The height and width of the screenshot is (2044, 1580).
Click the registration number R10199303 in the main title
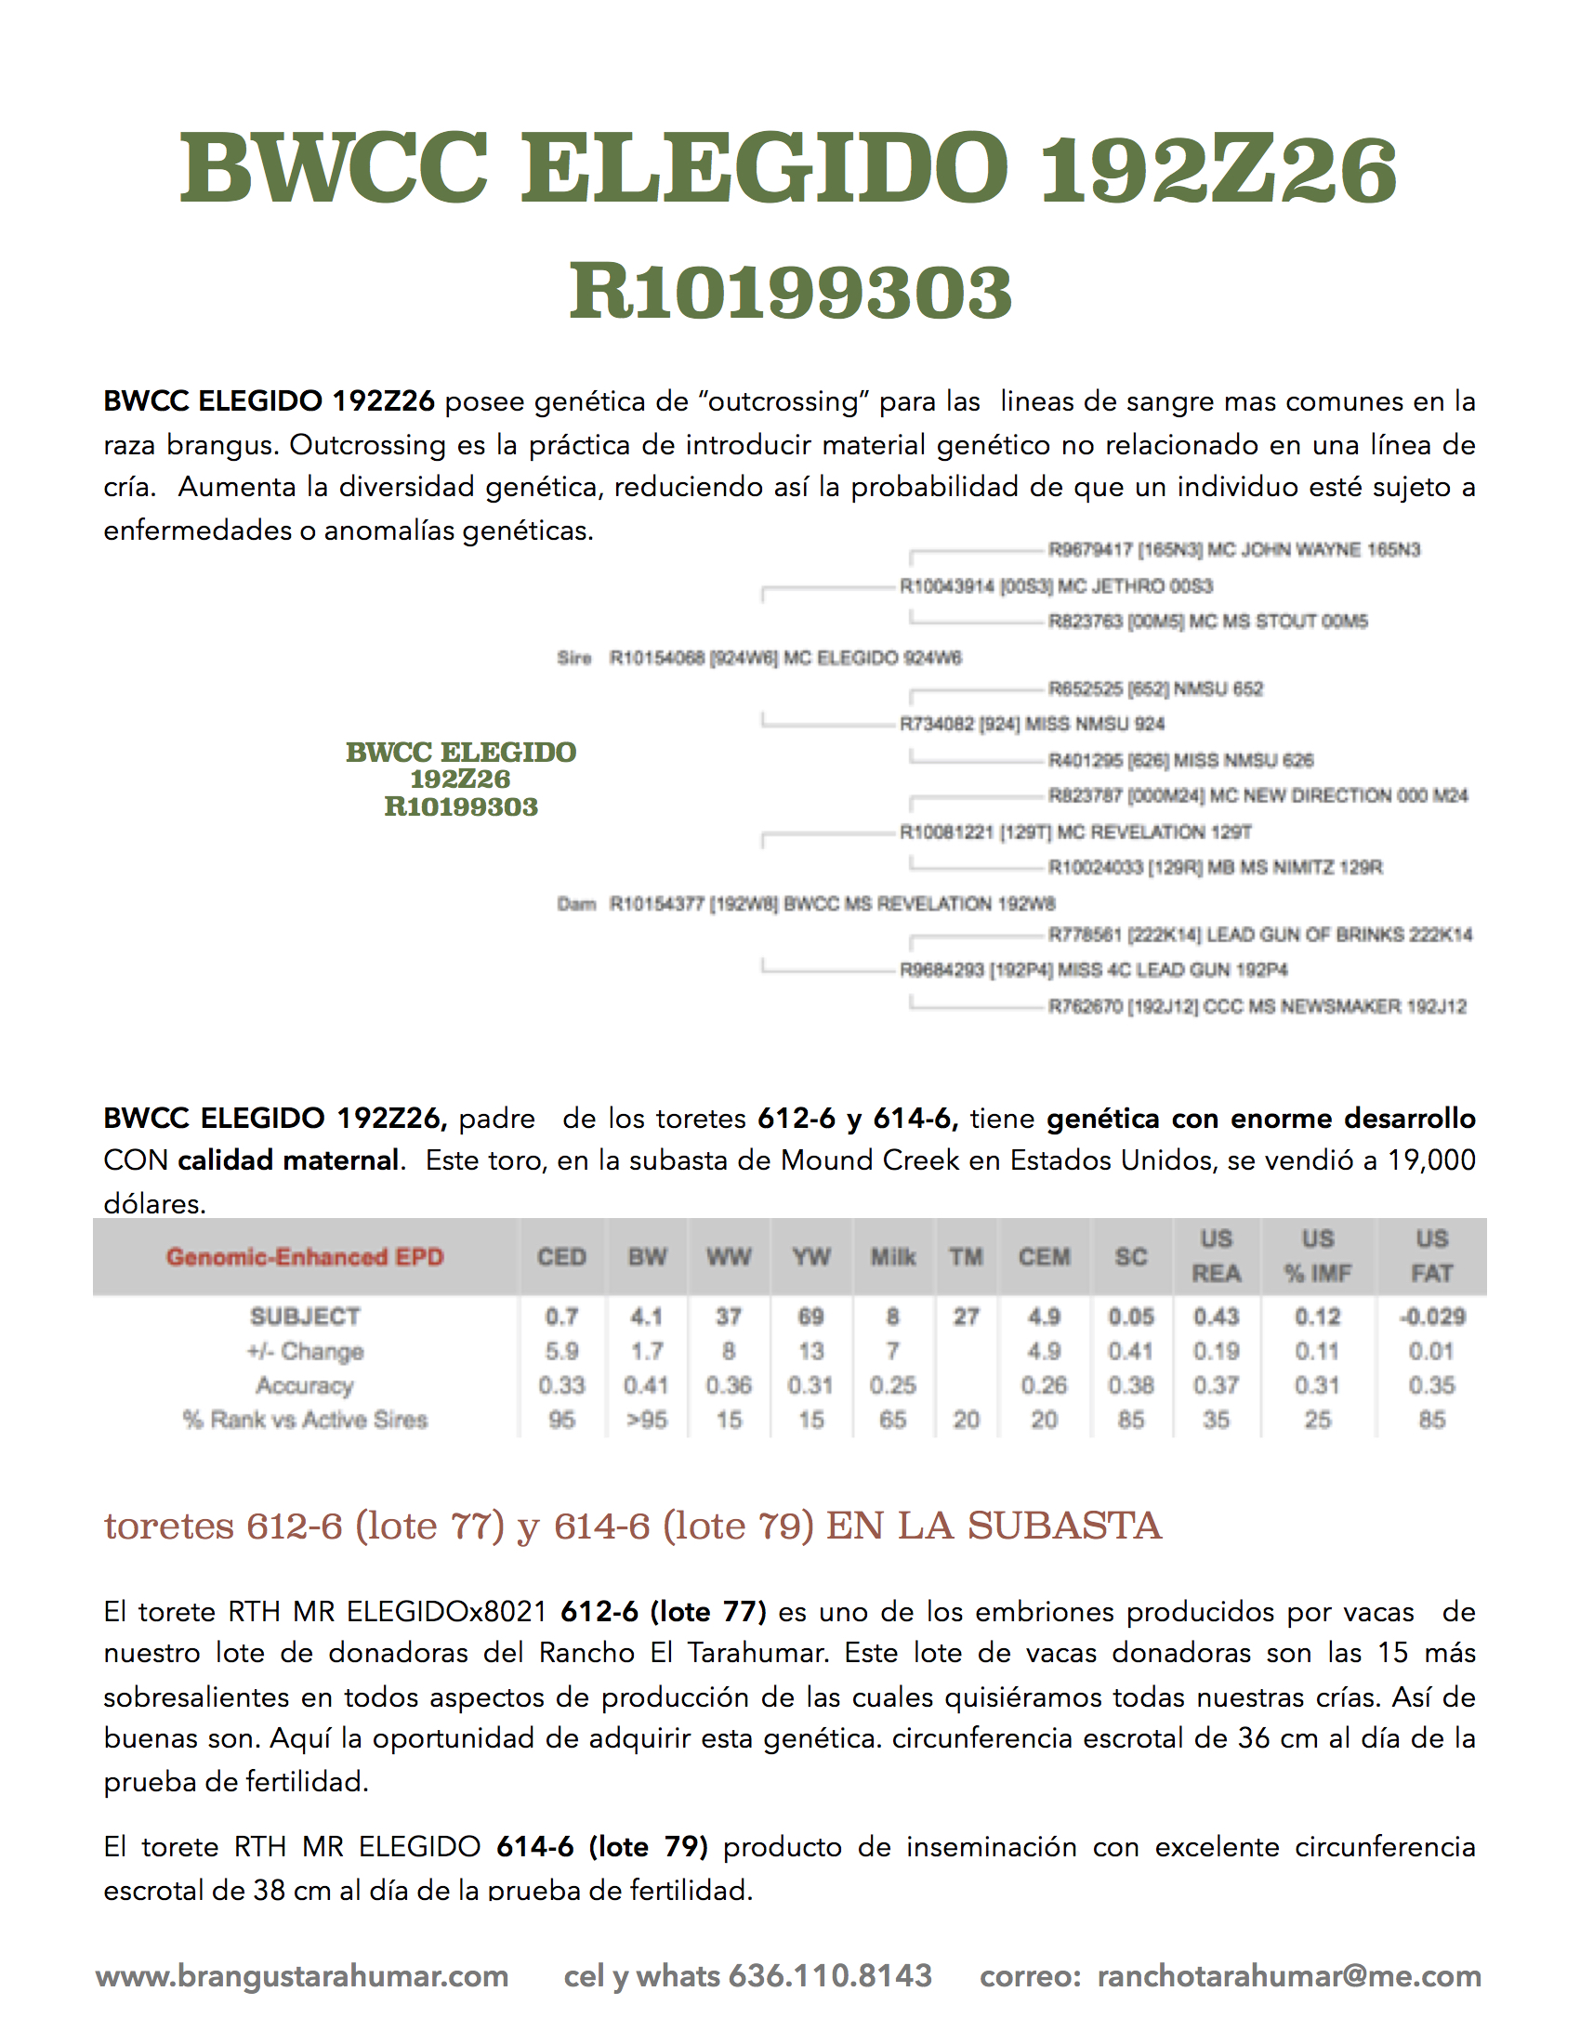point(790,292)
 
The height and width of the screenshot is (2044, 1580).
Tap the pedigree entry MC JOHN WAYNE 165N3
point(1233,549)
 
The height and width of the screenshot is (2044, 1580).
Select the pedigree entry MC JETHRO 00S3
point(1056,586)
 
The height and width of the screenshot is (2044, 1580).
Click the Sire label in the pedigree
point(573,658)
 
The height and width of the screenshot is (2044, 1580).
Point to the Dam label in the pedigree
point(575,903)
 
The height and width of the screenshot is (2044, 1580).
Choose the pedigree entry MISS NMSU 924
point(1032,724)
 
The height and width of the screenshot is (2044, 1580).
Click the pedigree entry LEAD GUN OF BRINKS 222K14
point(1260,934)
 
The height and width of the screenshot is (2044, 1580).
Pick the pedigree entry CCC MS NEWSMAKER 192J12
point(1257,1006)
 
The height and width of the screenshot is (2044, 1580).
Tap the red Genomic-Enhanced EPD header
point(304,1257)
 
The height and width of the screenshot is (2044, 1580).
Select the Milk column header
point(893,1257)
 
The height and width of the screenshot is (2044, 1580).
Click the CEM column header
point(1044,1257)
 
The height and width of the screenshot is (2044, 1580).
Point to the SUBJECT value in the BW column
point(647,1317)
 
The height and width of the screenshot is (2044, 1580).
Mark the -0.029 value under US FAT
point(1431,1317)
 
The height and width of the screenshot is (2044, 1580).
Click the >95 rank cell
point(647,1420)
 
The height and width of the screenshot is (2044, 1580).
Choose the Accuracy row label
point(304,1385)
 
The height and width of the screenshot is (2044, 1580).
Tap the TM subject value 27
point(966,1317)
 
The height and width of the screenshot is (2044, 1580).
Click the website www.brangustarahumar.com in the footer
point(301,1975)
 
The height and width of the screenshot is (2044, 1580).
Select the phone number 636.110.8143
point(830,1975)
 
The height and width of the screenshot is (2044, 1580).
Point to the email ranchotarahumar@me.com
point(1289,1975)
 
